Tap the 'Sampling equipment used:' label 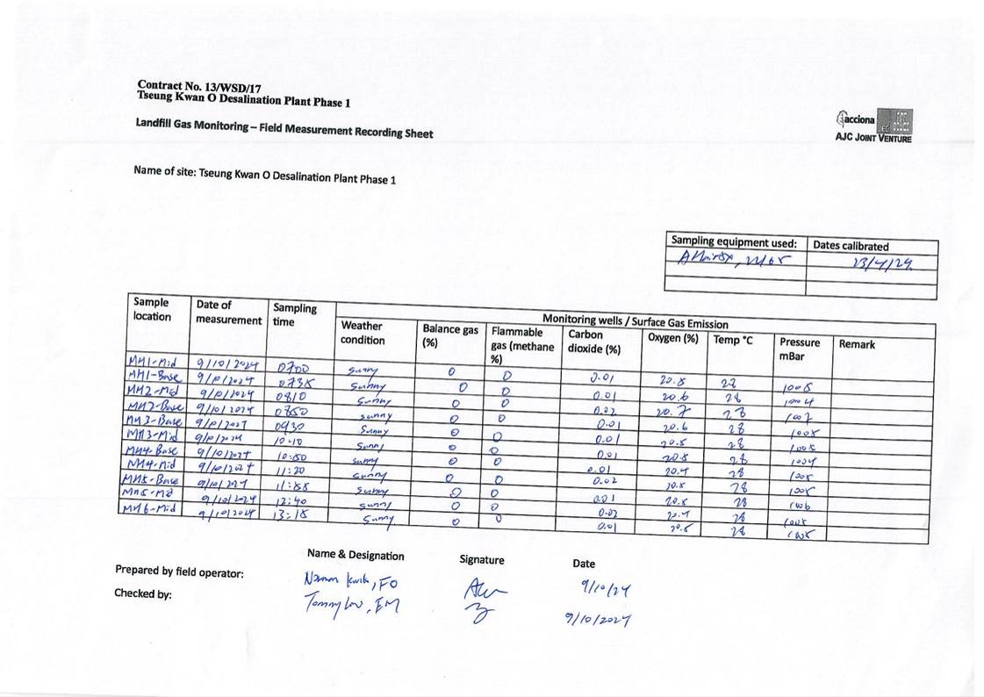[x=734, y=242]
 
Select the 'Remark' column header [x=857, y=345]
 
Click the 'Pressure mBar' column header [x=799, y=349]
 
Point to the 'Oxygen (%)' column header [x=673, y=337]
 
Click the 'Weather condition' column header [x=363, y=333]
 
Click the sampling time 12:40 [x=291, y=500]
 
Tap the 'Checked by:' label [x=143, y=594]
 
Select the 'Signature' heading [x=482, y=559]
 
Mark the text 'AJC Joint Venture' [x=874, y=139]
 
